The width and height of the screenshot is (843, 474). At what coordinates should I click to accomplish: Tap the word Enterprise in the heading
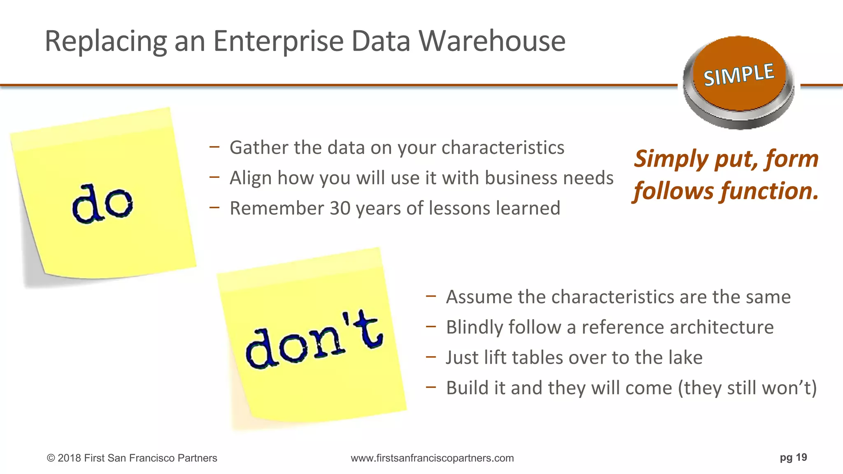pos(278,42)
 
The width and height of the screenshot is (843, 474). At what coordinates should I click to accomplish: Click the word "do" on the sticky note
pos(102,204)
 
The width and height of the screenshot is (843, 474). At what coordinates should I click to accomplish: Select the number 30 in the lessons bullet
pos(340,208)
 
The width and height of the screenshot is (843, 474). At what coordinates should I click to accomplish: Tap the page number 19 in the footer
pos(801,458)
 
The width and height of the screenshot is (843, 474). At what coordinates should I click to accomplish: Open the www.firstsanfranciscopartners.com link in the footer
pos(432,458)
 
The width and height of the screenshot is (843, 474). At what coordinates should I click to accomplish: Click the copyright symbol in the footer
pos(51,458)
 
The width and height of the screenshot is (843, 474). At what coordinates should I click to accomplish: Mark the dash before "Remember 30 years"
pos(214,207)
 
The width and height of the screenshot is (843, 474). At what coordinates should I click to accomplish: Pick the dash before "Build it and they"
pos(431,387)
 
